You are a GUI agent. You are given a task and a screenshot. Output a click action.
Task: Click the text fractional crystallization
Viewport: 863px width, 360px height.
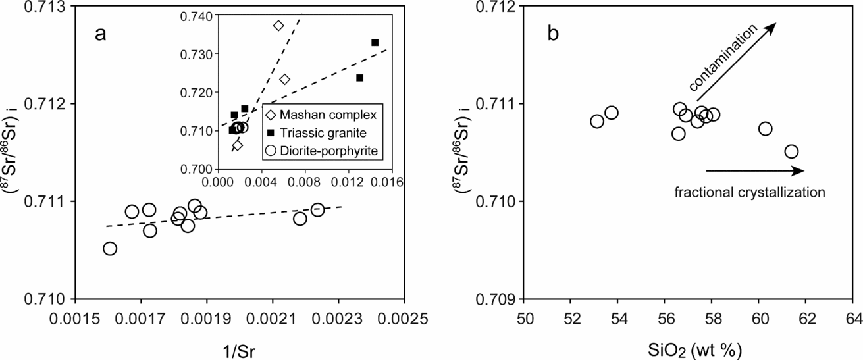(749, 192)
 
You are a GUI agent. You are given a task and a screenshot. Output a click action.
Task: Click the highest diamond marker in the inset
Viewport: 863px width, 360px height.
(278, 26)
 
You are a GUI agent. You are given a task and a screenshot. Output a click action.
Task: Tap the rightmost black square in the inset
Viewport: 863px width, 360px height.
(375, 43)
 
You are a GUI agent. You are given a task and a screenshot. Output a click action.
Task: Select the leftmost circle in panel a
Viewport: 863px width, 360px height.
(110, 248)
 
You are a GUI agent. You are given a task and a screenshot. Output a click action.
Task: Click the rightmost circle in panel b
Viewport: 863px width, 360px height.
(791, 151)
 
